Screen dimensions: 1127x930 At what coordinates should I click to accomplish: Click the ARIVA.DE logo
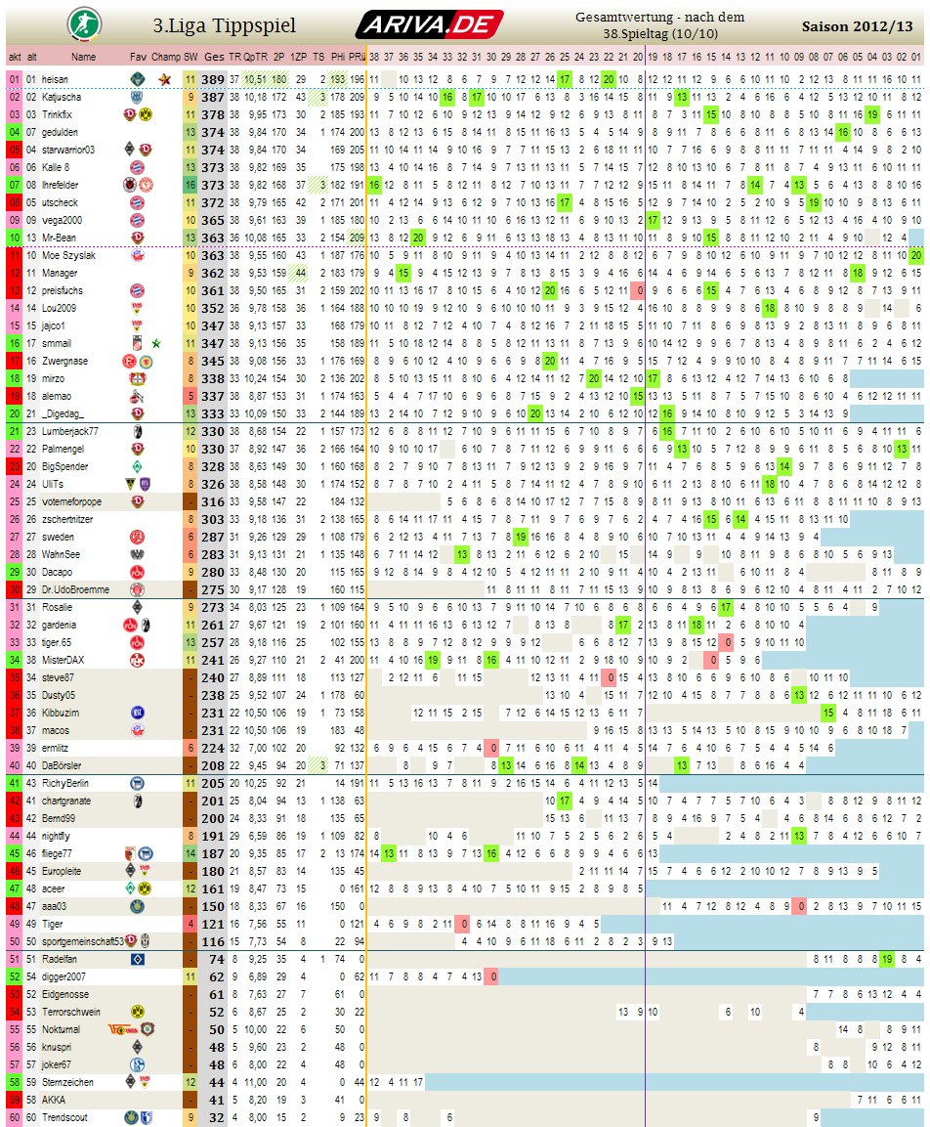pyautogui.click(x=429, y=24)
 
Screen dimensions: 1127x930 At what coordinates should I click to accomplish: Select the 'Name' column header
pyautogui.click(x=84, y=58)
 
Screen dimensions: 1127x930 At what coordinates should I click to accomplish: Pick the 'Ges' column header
pyautogui.click(x=214, y=58)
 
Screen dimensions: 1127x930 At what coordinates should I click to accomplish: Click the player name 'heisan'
pyautogui.click(x=56, y=79)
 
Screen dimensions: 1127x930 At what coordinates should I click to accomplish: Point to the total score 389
pyautogui.click(x=214, y=79)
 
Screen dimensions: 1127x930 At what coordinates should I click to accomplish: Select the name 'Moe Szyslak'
pyautogui.click(x=69, y=255)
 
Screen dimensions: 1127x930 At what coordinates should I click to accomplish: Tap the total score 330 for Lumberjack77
pyautogui.click(x=214, y=431)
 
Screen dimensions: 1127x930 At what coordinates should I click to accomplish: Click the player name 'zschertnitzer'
pyautogui.click(x=69, y=519)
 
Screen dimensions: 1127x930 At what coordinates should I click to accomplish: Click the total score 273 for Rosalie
pyautogui.click(x=214, y=607)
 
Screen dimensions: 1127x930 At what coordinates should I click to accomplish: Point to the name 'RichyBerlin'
pyautogui.click(x=66, y=783)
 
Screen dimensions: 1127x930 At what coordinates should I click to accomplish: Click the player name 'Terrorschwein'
pyautogui.click(x=71, y=1012)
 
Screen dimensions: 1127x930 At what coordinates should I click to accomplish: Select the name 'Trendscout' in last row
pyautogui.click(x=64, y=1117)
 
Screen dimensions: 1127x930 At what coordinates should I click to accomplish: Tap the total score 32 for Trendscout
pyautogui.click(x=217, y=1117)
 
